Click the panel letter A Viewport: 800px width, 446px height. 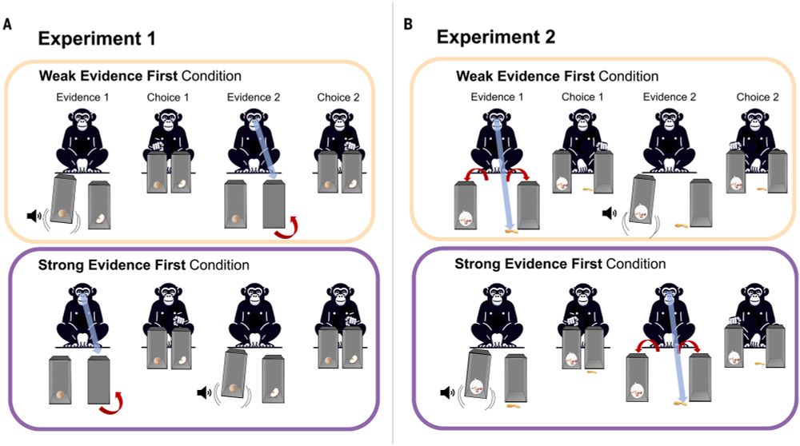8,25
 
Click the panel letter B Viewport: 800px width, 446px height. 408,25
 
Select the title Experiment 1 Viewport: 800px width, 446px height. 95,38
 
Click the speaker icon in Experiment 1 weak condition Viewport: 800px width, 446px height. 33,214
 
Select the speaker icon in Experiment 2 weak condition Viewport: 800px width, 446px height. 608,213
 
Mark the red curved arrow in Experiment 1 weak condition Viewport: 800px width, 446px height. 287,229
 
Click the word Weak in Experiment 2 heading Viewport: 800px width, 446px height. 473,76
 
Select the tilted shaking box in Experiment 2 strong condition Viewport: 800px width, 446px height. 478,383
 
